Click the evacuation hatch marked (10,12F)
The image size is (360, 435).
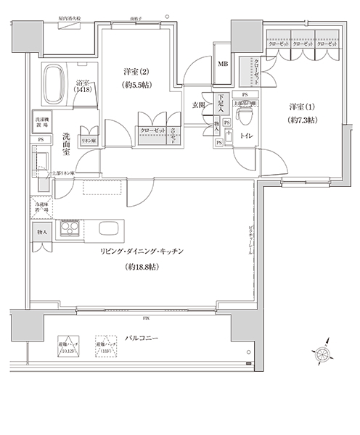(67, 347)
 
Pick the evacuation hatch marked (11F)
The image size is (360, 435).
(105, 347)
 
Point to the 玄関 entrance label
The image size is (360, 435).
(198, 105)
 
